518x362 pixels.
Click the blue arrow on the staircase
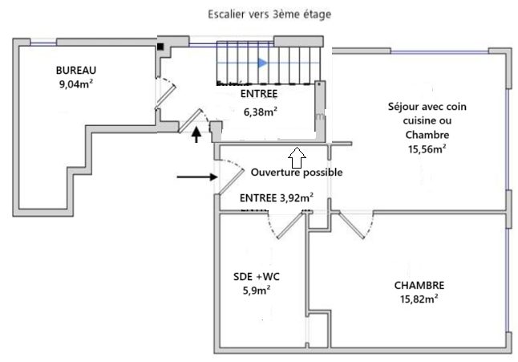(262, 62)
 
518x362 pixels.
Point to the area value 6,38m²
(261, 112)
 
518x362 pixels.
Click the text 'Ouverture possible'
(296, 172)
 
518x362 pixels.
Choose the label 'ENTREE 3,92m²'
(277, 197)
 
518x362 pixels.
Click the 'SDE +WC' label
(256, 277)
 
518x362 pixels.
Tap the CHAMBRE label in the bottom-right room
(419, 285)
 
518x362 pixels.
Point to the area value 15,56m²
(427, 148)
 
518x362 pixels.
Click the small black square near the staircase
(161, 47)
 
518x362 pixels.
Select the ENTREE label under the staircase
(259, 94)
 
